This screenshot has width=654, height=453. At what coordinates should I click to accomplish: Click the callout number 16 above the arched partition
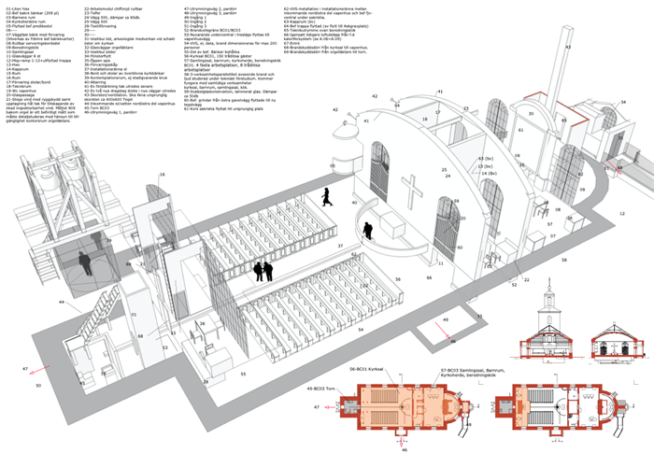coord(161,175)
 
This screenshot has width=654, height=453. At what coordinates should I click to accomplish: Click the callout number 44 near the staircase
coord(62,302)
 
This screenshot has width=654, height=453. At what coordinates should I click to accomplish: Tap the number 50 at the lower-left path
coord(38,385)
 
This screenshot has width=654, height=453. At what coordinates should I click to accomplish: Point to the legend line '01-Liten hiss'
coord(18,7)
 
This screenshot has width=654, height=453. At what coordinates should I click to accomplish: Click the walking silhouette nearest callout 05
coord(327,196)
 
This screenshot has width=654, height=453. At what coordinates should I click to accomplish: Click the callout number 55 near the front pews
coord(243,373)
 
